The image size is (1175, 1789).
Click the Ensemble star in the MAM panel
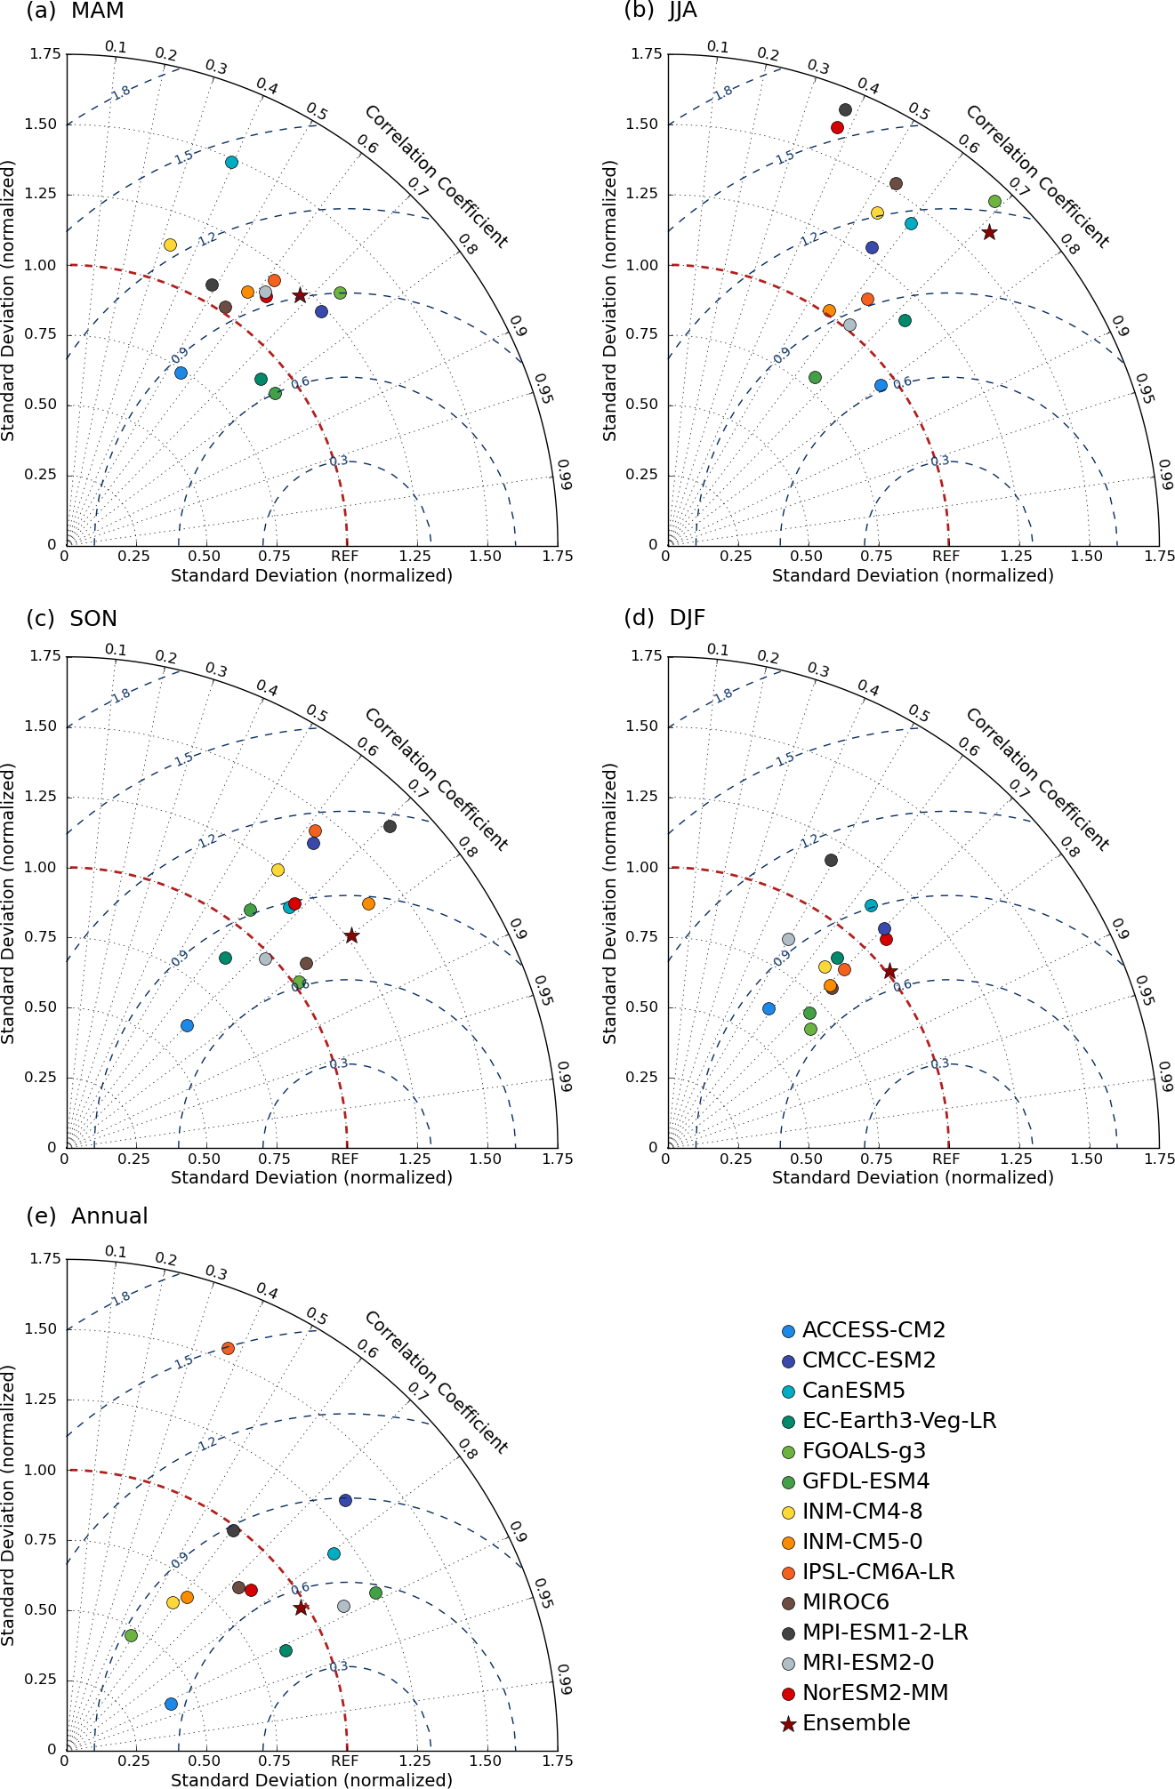[x=300, y=295]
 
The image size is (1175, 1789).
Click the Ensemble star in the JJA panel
[x=989, y=233]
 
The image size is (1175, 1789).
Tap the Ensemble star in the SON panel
[x=351, y=935]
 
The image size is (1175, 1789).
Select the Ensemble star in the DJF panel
[x=889, y=972]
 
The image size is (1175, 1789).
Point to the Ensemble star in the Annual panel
[x=301, y=1608]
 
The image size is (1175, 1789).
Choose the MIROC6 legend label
[x=845, y=1602]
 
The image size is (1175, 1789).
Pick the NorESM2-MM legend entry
[x=874, y=1693]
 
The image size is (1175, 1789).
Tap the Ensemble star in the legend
[x=788, y=1724]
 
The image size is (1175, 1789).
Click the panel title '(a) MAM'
[x=75, y=12]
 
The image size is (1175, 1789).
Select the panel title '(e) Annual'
[x=87, y=1216]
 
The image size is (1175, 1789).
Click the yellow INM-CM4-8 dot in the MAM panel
[x=170, y=245]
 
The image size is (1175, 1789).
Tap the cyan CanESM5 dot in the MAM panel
[x=231, y=162]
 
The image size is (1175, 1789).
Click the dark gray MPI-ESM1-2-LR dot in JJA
[x=845, y=110]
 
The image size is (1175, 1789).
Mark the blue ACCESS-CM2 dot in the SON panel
[x=187, y=1025]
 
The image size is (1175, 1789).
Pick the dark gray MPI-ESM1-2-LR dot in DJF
[x=831, y=860]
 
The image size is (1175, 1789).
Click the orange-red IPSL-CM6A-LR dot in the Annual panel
[x=228, y=1348]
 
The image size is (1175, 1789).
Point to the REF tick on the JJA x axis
[x=946, y=557]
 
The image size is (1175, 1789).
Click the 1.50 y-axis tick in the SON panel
[x=41, y=726]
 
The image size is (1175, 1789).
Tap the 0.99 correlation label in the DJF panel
[x=1166, y=1077]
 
